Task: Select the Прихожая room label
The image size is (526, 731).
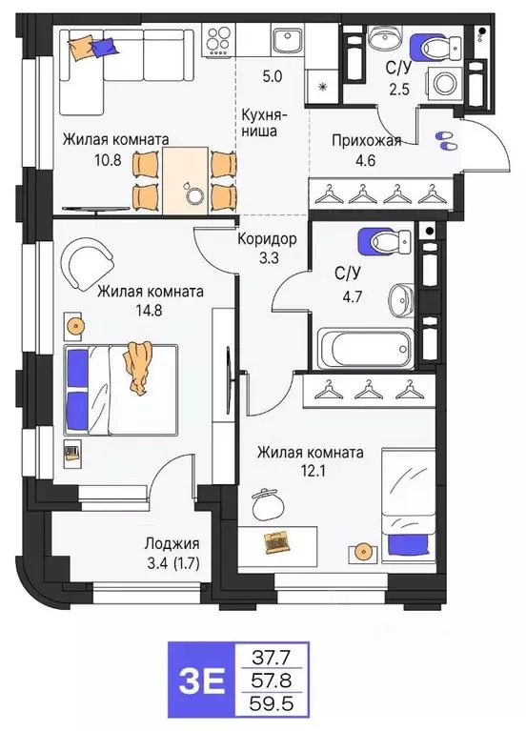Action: [366, 141]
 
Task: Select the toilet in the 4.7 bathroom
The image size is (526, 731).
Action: [374, 243]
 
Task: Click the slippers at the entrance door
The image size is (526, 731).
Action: [445, 140]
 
